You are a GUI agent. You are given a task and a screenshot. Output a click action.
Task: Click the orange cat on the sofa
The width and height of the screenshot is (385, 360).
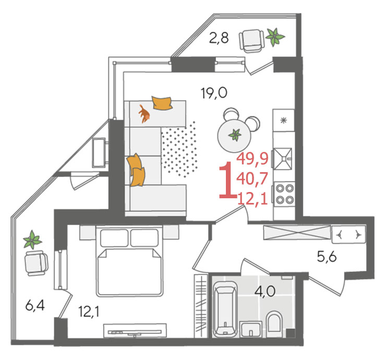click(x=144, y=114)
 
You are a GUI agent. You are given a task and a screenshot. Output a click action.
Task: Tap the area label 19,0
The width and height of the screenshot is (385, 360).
click(x=214, y=93)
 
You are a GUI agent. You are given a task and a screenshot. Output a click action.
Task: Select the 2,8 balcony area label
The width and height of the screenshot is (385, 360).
click(x=219, y=38)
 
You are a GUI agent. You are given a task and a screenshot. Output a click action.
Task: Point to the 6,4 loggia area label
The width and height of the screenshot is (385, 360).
click(x=35, y=306)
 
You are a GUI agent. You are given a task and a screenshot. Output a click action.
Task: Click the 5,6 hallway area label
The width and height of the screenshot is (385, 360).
click(x=327, y=257)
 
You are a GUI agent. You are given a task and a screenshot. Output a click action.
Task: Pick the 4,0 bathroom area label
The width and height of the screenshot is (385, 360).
click(x=265, y=292)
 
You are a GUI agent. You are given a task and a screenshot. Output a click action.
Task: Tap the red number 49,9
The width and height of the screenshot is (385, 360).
click(x=252, y=159)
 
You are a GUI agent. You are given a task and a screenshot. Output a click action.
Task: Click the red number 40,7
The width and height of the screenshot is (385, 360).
click(x=252, y=178)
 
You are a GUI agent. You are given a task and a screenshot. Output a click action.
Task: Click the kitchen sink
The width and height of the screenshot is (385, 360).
click(x=283, y=159)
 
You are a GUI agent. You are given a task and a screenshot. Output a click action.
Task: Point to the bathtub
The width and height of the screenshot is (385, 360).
click(x=225, y=309)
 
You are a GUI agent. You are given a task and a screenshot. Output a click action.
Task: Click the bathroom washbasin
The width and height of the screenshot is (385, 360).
click(x=251, y=329)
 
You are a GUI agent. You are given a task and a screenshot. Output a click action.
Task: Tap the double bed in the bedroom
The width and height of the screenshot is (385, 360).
click(x=130, y=261)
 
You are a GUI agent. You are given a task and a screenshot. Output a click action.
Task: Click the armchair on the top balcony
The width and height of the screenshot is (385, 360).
click(x=251, y=41)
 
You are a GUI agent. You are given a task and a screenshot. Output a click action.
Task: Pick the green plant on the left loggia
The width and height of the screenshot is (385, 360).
click(x=32, y=239)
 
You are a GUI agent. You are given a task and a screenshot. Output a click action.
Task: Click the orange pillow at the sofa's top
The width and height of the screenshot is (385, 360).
click(x=162, y=103)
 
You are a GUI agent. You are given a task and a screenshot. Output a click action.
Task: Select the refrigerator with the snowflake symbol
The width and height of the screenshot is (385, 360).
click(x=284, y=121)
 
